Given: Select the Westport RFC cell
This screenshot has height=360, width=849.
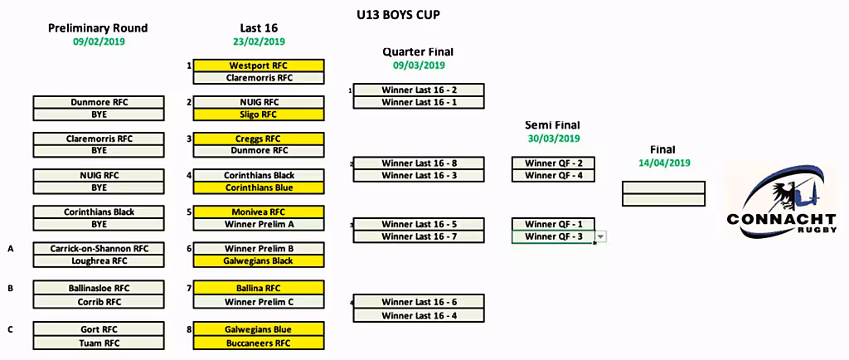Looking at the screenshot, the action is point(260,66).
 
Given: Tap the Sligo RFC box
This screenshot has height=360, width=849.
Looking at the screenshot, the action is point(260,114).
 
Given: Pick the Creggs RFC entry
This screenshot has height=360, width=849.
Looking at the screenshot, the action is point(260,139).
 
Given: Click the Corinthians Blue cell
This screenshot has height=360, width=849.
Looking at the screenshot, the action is point(260,187).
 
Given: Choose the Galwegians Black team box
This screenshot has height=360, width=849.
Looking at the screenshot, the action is point(260,261).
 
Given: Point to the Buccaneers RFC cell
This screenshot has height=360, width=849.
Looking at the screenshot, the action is point(260,343).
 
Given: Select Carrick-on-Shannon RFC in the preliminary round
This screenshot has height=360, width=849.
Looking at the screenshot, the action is point(99,249).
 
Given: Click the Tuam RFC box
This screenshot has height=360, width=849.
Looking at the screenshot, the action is point(99,343).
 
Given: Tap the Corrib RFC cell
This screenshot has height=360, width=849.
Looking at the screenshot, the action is point(99,302).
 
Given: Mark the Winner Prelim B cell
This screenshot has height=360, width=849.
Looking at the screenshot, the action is point(260,249).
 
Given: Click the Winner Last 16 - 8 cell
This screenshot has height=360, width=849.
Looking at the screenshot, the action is point(419,163).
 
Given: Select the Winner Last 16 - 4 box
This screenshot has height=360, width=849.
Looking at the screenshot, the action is point(419,315).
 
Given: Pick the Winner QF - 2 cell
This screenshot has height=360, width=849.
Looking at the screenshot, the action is point(553,163).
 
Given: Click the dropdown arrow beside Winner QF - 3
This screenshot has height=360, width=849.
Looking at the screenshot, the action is point(601,236).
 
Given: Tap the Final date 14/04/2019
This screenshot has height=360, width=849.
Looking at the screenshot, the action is point(664,163).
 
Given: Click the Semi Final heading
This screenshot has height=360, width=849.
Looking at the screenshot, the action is point(553,125).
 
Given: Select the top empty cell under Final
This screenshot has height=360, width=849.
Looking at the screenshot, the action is point(663,187).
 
